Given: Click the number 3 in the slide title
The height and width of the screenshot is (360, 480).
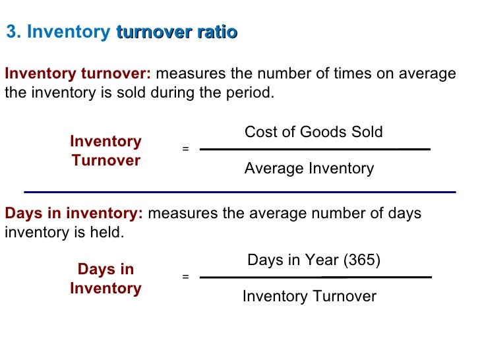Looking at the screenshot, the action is [x=11, y=32].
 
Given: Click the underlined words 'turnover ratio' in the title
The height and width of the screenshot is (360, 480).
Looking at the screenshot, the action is [x=176, y=32].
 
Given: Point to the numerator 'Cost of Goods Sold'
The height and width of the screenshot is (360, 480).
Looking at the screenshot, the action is [x=313, y=132].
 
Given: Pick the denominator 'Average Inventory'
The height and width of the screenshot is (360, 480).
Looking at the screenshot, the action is [x=309, y=169].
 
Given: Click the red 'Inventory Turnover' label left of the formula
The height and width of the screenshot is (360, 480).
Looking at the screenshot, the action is [x=105, y=151].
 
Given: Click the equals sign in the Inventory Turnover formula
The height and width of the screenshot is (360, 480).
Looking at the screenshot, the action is [x=185, y=150].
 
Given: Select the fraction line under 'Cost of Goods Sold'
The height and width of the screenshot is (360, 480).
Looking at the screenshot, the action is [x=315, y=150].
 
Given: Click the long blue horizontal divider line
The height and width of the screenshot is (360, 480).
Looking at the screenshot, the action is [x=240, y=192].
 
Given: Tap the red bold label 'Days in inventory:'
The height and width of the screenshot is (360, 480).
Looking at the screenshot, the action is [x=74, y=214].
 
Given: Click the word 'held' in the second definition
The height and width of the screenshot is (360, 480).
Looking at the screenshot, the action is [x=107, y=233].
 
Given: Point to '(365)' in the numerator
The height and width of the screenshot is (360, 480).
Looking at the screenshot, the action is [x=361, y=260].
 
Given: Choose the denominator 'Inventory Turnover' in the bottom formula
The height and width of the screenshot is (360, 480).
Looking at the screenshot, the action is [x=309, y=297].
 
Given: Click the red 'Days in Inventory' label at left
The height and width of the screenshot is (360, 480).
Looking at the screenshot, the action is [x=105, y=279].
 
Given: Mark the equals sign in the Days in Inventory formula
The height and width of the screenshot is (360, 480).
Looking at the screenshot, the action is [x=185, y=277].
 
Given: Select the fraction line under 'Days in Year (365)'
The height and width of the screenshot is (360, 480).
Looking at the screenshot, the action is [x=315, y=277].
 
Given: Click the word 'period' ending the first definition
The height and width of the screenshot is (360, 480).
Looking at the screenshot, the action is [x=249, y=93].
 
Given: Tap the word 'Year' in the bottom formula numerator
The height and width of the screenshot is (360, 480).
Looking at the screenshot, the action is [x=323, y=260].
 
